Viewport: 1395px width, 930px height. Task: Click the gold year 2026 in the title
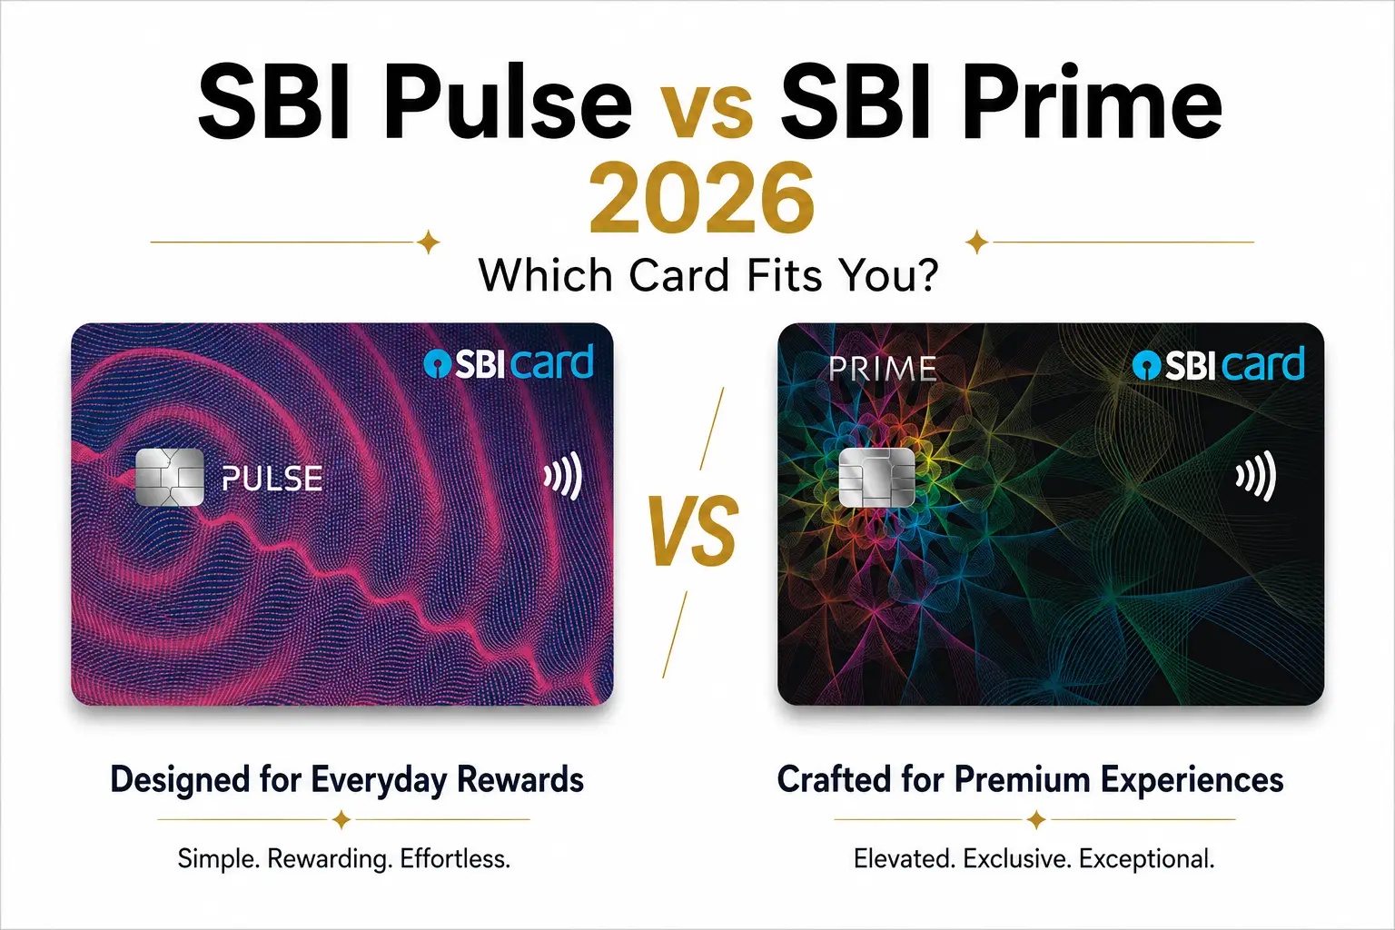click(x=702, y=198)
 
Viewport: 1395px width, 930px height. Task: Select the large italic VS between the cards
click(x=694, y=530)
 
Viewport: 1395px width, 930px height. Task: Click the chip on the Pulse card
click(x=170, y=477)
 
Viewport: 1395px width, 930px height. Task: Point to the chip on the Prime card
click(x=876, y=477)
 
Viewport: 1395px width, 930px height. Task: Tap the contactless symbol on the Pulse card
click(x=563, y=477)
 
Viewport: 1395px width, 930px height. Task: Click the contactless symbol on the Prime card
click(x=1255, y=477)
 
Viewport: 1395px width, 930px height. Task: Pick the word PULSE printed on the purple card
click(x=272, y=479)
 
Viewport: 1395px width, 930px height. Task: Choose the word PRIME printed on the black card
click(x=883, y=368)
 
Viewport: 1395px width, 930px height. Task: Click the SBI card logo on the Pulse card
click(x=509, y=362)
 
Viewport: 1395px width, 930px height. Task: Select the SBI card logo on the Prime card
click(x=1218, y=364)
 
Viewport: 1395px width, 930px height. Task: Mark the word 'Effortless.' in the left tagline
click(x=455, y=858)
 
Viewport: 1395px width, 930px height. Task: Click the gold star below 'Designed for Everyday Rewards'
click(x=341, y=820)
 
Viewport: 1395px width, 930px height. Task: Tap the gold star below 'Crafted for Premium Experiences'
click(x=1036, y=820)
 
